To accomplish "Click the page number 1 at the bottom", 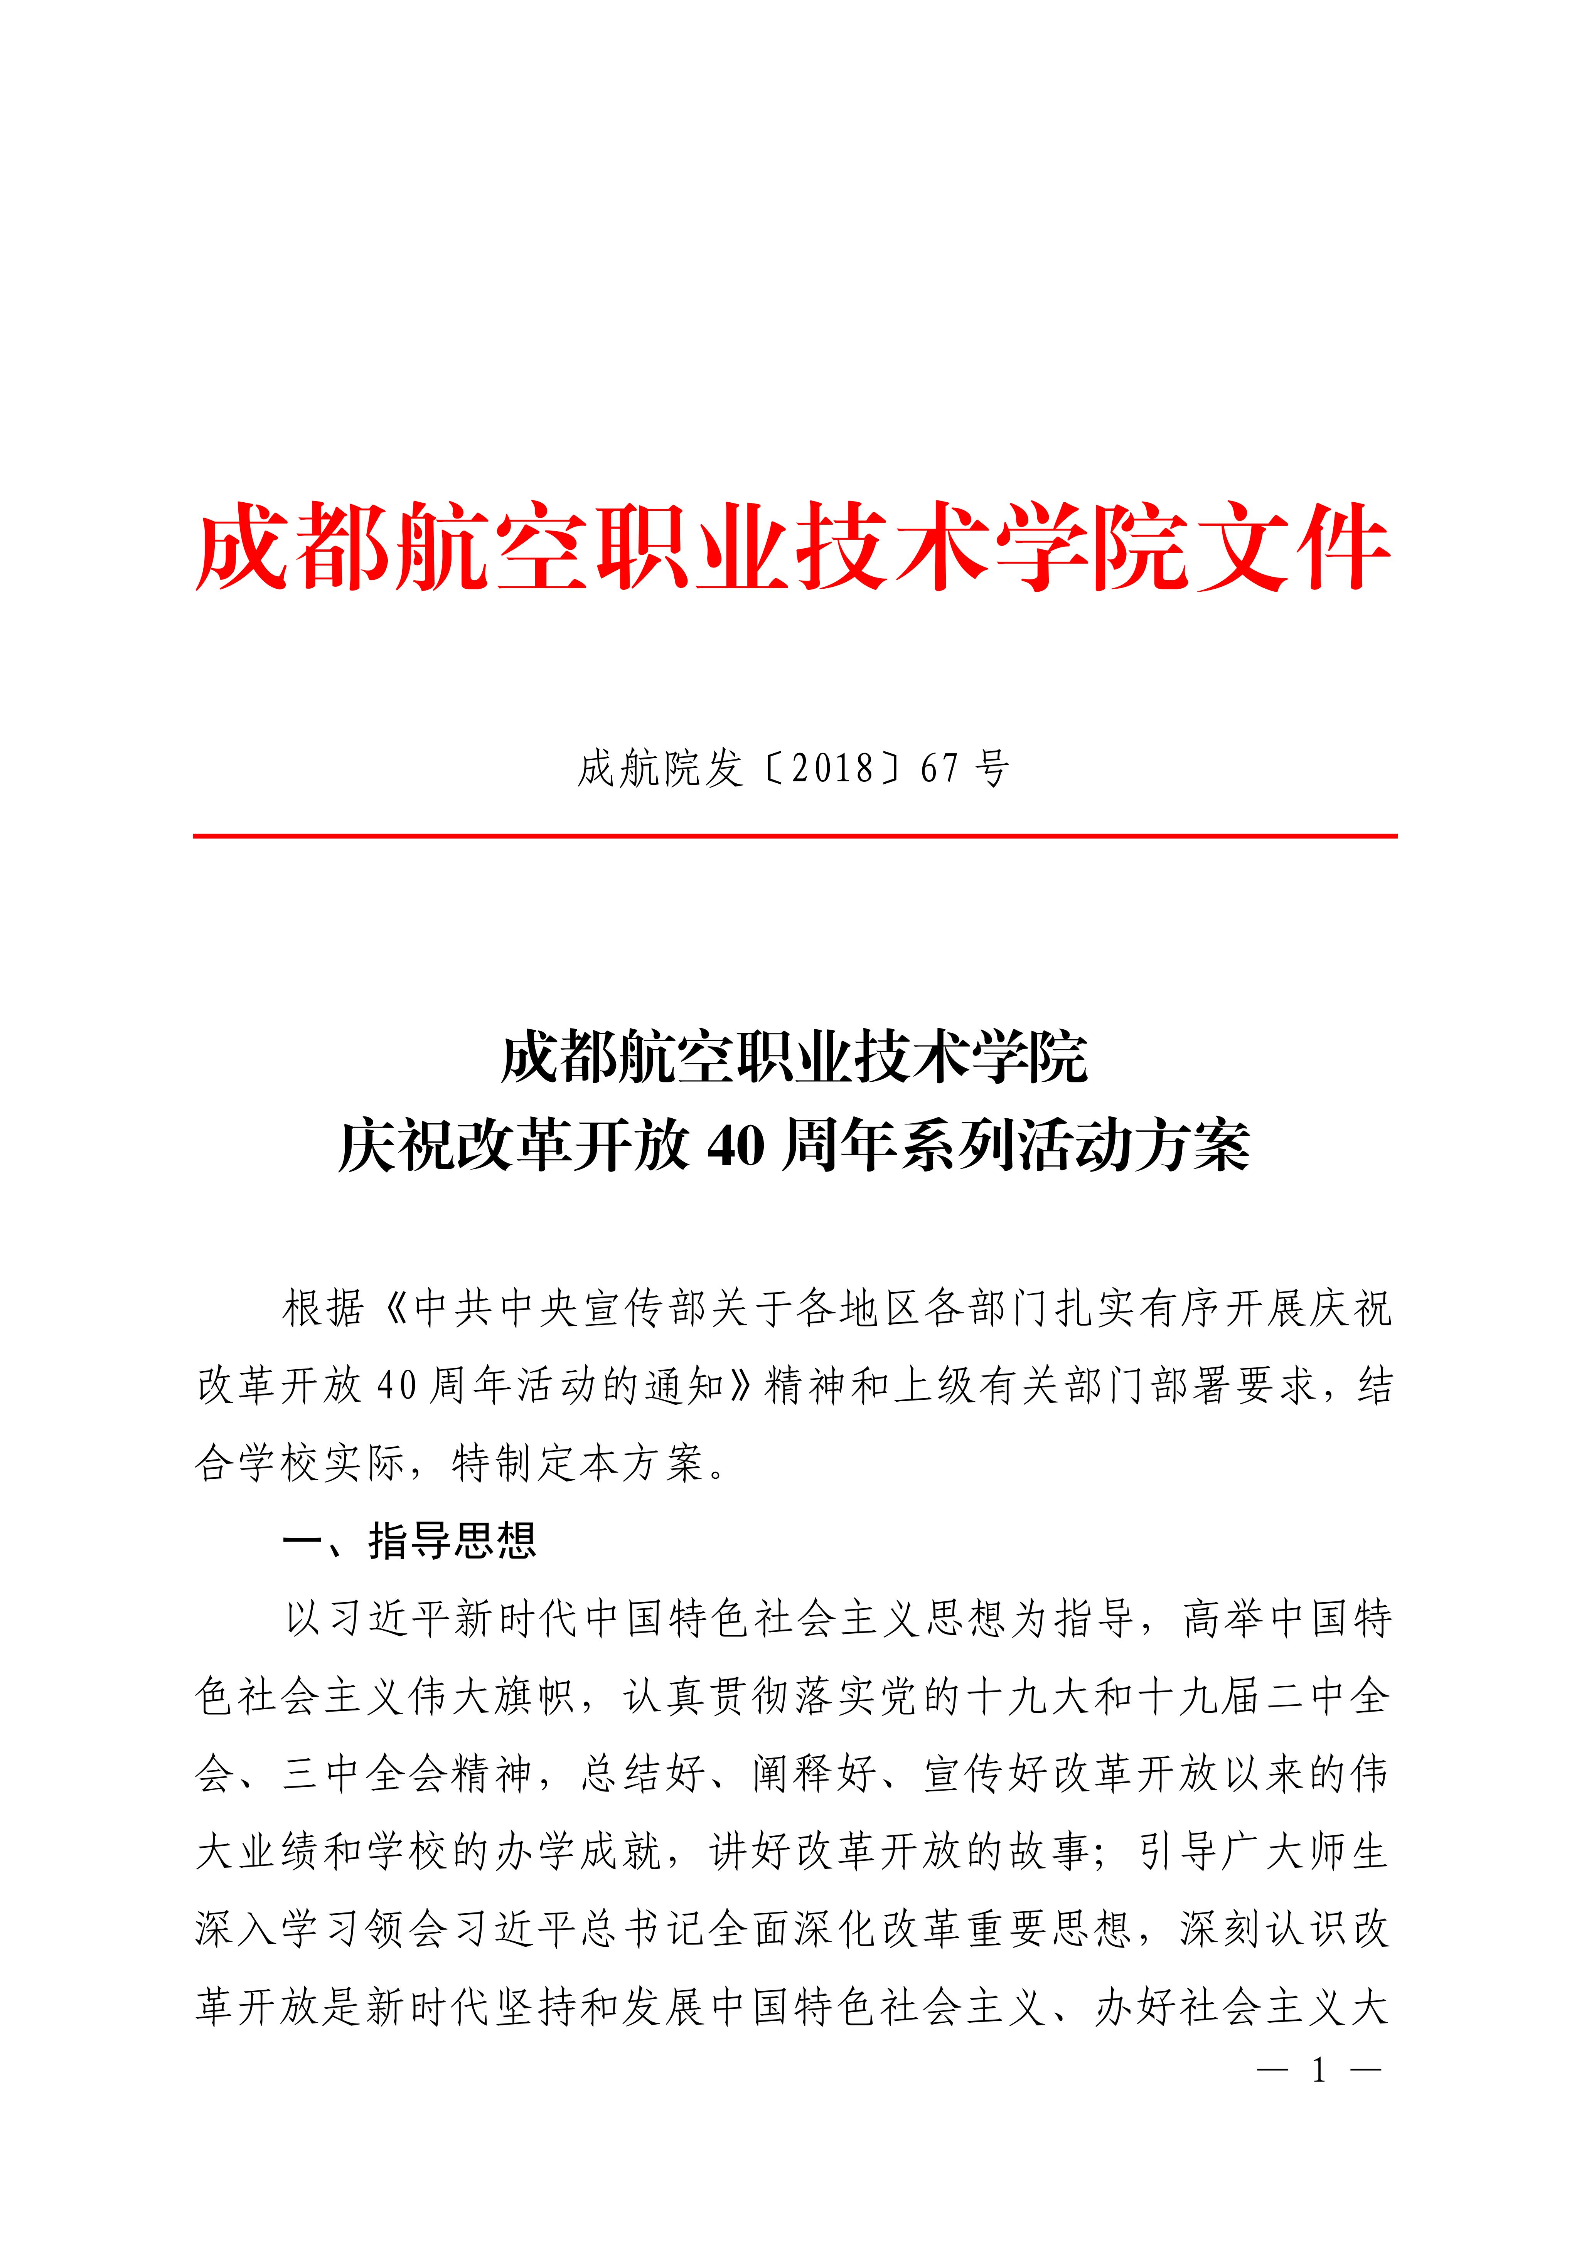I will click(1319, 2071).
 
